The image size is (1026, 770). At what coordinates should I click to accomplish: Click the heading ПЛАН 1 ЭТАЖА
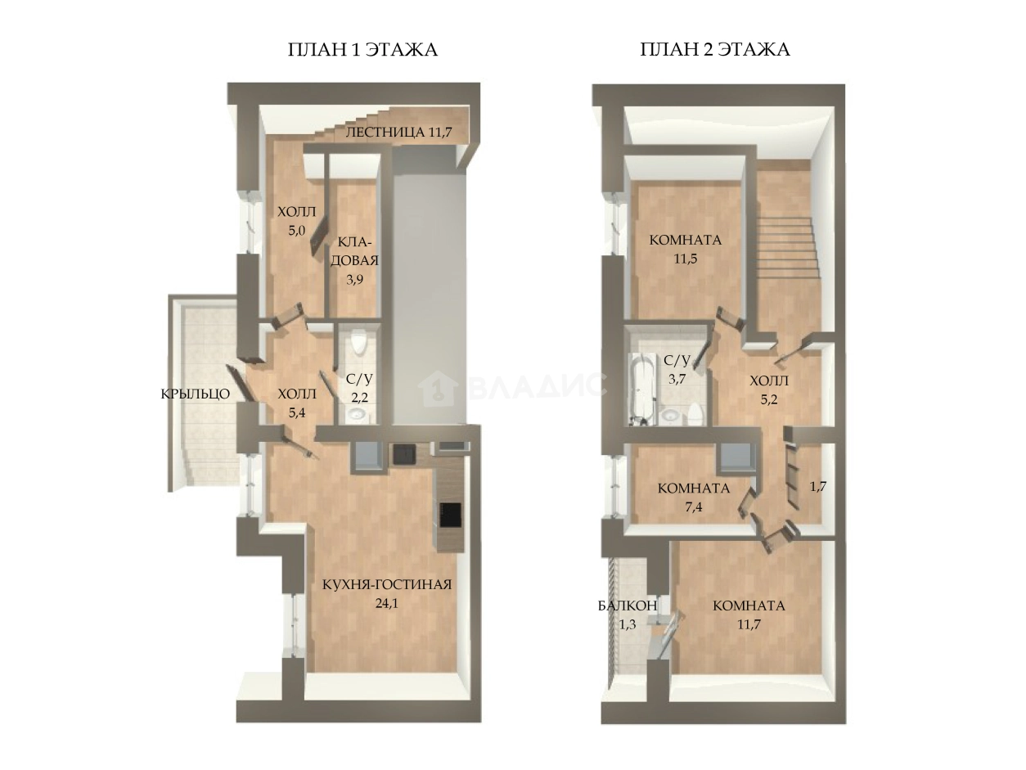click(362, 50)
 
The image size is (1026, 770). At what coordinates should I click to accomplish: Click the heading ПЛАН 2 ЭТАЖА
click(715, 50)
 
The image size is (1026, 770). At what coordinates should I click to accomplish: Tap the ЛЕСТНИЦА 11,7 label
click(398, 133)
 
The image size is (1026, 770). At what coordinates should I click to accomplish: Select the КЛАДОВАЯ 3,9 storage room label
click(355, 260)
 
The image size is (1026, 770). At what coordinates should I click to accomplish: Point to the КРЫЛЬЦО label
click(196, 394)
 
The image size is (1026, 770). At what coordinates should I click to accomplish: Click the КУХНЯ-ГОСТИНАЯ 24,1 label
click(387, 594)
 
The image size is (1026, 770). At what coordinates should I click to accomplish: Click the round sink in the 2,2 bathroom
click(359, 413)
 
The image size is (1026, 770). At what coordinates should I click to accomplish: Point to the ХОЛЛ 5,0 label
click(296, 221)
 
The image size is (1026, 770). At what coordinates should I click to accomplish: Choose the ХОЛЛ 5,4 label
click(297, 403)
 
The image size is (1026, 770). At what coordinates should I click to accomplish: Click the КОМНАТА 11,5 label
click(686, 250)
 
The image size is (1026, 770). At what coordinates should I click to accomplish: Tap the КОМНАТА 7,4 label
click(694, 498)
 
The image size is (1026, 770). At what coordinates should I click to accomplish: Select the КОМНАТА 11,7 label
click(749, 615)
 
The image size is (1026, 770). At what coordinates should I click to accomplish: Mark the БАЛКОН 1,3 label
click(628, 615)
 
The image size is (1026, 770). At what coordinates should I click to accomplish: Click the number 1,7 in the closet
click(818, 486)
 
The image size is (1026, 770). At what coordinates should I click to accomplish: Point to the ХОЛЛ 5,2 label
click(769, 390)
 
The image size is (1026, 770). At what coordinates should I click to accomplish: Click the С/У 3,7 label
click(677, 369)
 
